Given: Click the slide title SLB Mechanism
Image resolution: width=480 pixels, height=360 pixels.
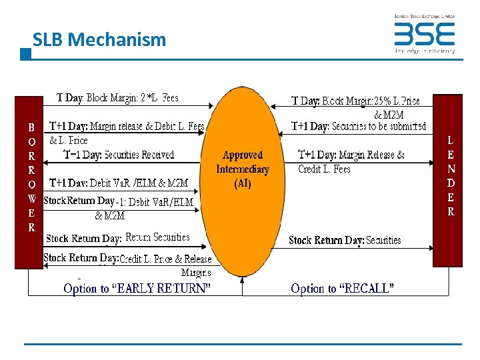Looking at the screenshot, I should pos(99,39).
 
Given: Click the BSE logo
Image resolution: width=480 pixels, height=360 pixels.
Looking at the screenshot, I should pos(424,34).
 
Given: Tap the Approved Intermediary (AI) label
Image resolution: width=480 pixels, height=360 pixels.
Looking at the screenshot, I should pos(243,169).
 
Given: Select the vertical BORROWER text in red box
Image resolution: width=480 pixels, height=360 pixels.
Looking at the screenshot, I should pos(31,177).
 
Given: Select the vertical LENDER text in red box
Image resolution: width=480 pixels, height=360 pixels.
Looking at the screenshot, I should pos(451,177).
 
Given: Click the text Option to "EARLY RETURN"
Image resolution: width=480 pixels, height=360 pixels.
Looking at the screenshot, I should pos(137,289).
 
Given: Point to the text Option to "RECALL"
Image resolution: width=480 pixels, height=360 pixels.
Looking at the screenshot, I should pos(342,289).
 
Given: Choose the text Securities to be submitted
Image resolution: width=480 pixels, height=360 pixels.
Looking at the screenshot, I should pos(379,126).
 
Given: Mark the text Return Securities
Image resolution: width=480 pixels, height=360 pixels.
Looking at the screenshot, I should pos(157,237).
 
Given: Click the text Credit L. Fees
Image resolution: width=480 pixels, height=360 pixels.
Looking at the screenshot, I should pos(324,169).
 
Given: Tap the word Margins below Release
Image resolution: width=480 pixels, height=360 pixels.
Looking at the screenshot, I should pos(196,272).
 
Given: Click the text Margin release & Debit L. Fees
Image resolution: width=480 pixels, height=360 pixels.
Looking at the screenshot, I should pos(147,126).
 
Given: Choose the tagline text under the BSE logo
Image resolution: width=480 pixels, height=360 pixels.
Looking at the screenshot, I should pos(425,50).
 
